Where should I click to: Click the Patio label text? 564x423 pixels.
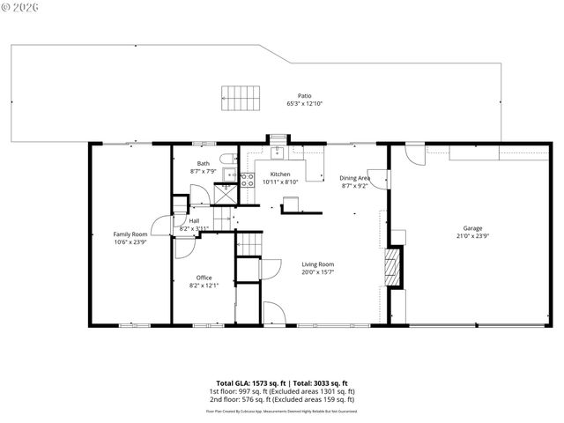[304, 96]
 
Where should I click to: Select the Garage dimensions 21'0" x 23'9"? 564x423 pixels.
[472, 235]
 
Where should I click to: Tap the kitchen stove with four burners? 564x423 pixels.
[247, 180]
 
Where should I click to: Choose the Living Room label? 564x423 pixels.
[317, 263]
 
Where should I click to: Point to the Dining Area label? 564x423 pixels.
[354, 178]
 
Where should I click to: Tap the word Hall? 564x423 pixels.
[194, 220]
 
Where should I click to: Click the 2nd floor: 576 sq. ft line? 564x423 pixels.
[282, 399]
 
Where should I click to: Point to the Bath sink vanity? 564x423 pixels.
[227, 174]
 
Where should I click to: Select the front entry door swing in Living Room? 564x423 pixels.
[273, 311]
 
